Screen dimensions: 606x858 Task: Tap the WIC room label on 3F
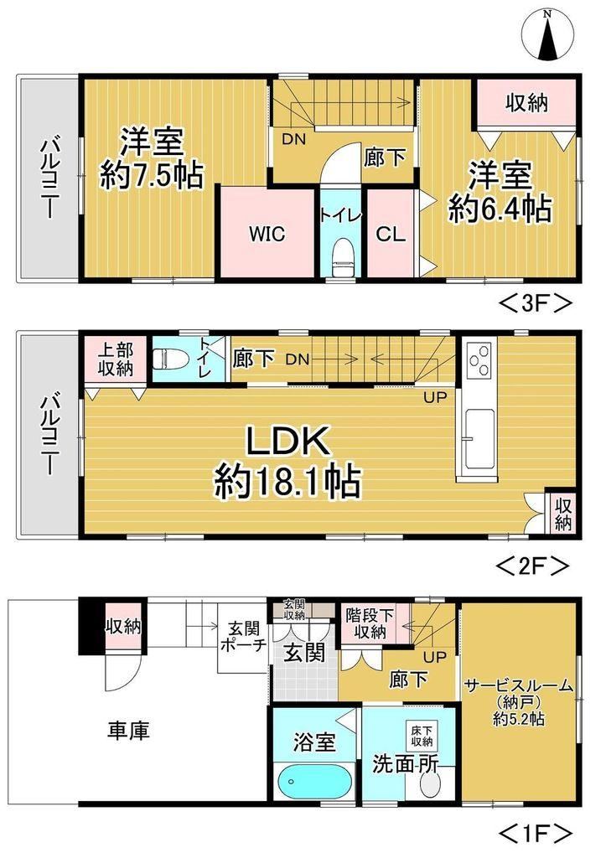[267, 234]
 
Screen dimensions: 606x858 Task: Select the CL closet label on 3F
[391, 235]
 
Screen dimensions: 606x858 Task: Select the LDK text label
[287, 441]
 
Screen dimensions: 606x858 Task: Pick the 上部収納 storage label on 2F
[116, 359]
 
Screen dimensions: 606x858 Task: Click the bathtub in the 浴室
[314, 782]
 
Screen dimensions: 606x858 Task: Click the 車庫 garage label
[128, 731]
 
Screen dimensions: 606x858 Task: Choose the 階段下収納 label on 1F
[370, 623]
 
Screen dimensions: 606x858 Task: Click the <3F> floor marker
[534, 303]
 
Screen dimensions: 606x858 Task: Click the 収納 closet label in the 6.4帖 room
[526, 103]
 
